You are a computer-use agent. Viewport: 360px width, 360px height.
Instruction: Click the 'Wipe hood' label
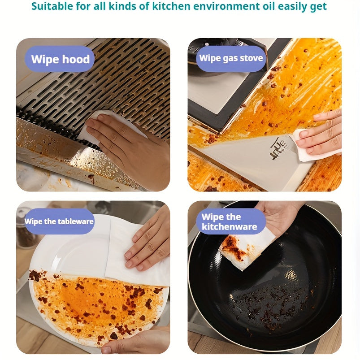click(60, 59)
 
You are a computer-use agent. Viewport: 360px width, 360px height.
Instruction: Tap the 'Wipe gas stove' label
click(231, 58)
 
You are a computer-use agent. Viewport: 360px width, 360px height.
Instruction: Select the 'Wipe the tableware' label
click(59, 221)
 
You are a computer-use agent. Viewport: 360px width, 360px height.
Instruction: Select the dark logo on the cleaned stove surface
click(278, 148)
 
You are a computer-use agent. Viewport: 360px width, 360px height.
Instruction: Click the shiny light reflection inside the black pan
click(291, 274)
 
